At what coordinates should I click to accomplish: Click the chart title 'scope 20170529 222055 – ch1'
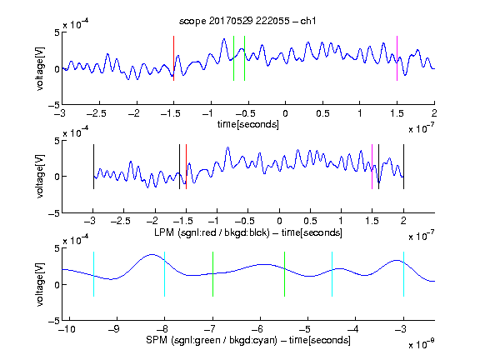[x=247, y=21]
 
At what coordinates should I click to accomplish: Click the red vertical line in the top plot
[x=173, y=58]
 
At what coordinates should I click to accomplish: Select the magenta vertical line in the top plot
[x=397, y=58]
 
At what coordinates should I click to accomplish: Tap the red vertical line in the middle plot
[x=186, y=167]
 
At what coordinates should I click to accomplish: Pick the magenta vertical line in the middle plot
[x=372, y=167]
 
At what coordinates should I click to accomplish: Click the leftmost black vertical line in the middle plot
[x=93, y=167]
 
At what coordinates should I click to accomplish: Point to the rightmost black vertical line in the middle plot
[x=403, y=167]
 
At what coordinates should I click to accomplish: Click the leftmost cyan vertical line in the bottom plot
[x=93, y=274]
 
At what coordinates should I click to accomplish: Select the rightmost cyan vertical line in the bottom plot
[x=403, y=274]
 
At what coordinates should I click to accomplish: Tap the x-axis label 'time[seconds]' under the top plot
[x=248, y=124]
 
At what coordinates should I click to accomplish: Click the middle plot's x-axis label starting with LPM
[x=248, y=232]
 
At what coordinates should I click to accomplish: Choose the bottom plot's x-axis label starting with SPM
[x=248, y=340]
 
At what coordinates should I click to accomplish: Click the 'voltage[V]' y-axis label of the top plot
[x=40, y=68]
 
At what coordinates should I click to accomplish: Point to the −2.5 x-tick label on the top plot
[x=96, y=113]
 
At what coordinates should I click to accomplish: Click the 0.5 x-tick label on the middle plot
[x=310, y=221]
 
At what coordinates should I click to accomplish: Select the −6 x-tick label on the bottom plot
[x=260, y=329]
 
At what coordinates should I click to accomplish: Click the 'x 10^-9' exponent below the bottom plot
[x=421, y=344]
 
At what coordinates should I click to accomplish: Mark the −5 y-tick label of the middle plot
[x=54, y=213]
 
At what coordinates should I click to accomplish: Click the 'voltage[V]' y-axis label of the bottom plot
[x=40, y=284]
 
